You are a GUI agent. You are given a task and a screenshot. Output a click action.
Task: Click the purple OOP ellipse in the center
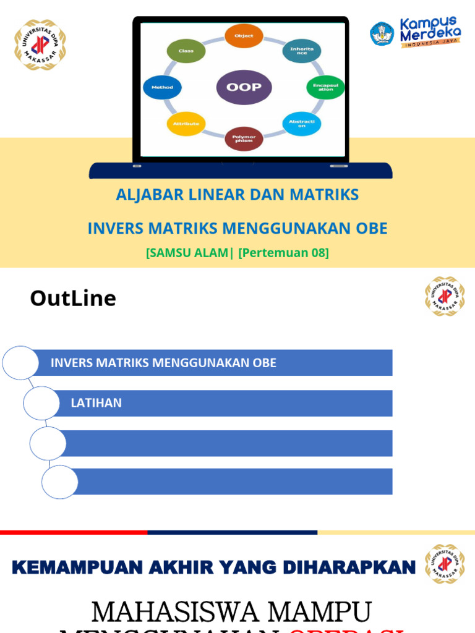[244, 87]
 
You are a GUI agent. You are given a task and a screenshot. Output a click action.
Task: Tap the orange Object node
[244, 36]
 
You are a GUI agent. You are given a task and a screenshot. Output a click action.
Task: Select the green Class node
[186, 51]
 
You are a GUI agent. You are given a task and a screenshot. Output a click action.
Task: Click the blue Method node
[162, 87]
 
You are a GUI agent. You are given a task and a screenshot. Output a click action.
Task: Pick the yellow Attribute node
[186, 124]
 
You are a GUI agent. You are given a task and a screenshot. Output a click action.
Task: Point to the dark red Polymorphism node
[244, 138]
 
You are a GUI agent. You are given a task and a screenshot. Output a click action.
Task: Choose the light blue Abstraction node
[301, 124]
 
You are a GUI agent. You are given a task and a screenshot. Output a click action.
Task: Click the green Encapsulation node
[325, 87]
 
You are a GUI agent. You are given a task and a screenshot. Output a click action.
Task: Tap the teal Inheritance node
[301, 51]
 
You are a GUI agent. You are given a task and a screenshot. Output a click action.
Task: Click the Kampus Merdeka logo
[416, 33]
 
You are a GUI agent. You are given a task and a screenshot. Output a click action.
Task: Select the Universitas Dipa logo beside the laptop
[40, 45]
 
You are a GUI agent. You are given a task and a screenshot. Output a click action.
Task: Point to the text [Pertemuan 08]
[283, 253]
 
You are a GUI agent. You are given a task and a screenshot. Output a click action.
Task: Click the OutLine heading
[73, 299]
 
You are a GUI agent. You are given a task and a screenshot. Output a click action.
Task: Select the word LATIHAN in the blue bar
[96, 403]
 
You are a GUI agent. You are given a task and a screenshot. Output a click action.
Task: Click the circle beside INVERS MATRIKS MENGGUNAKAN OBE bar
[20, 363]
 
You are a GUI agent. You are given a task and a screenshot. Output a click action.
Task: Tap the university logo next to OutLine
[444, 297]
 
